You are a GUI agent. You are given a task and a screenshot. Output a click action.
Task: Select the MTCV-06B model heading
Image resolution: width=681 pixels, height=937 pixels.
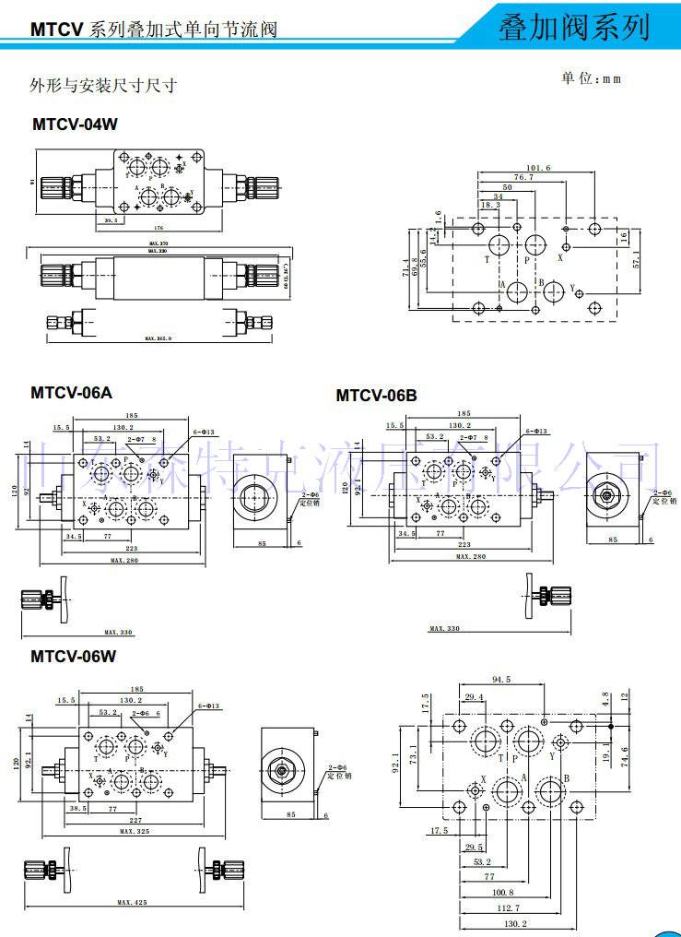point(376,396)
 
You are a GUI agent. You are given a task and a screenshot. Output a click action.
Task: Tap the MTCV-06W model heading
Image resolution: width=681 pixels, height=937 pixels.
point(75,657)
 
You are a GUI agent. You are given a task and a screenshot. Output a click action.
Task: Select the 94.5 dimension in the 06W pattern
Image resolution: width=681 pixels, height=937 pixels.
point(501,680)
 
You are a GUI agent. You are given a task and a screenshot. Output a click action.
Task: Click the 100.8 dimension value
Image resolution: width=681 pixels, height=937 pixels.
point(502,892)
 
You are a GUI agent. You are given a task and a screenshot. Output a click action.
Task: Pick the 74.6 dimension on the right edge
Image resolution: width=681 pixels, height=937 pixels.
point(625,754)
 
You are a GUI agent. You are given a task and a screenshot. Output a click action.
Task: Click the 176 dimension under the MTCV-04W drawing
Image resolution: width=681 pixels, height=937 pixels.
point(159,228)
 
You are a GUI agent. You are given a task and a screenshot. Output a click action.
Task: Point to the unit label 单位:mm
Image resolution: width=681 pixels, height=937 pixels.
point(592,79)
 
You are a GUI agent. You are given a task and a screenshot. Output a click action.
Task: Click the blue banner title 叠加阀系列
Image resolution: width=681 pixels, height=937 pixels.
point(573,28)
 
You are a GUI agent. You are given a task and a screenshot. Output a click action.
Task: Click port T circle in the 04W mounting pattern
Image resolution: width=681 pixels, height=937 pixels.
point(499,245)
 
